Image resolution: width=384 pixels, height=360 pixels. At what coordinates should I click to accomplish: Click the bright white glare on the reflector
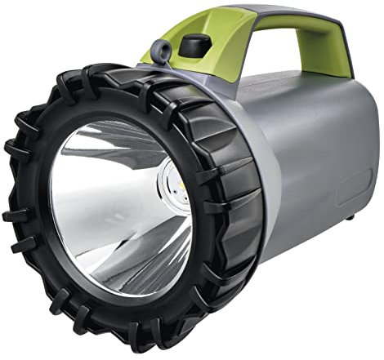point(98,176)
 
